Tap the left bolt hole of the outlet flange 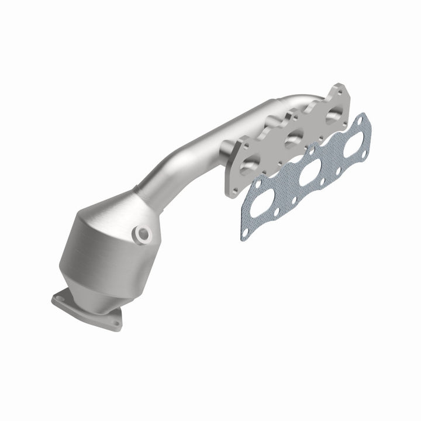pos(59,299)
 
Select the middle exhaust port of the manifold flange pos(292,139)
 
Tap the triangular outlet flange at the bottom pos(88,310)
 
